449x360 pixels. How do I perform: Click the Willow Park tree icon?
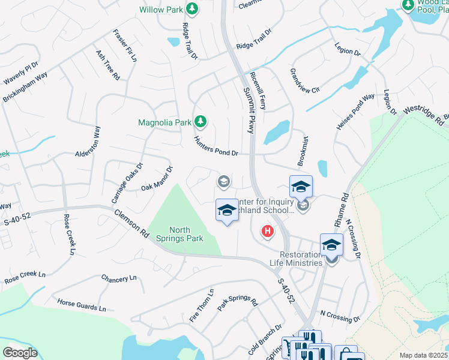[x=191, y=9]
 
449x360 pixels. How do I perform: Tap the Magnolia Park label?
[x=164, y=122]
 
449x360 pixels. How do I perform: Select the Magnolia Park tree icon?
[x=200, y=122]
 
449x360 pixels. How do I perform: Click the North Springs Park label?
[x=186, y=234]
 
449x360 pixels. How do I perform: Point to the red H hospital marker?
[x=267, y=230]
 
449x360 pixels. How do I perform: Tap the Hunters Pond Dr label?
[x=216, y=146]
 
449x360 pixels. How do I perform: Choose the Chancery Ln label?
[x=119, y=279]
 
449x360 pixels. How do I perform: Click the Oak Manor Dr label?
[x=157, y=179]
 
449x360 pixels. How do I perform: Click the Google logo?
[x=20, y=353]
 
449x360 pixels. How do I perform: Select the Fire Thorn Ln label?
[x=202, y=306]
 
